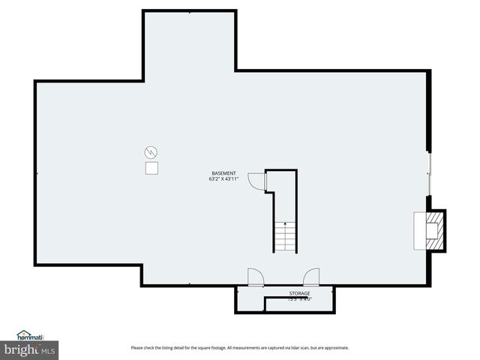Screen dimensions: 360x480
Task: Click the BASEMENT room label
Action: [x=223, y=173]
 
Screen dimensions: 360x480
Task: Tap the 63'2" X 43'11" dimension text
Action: [x=223, y=179]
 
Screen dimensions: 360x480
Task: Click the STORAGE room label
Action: [x=299, y=293]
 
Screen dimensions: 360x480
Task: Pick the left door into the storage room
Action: [x=256, y=277]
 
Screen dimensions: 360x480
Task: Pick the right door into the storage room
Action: [x=311, y=277]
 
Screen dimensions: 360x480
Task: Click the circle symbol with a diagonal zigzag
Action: [x=151, y=152]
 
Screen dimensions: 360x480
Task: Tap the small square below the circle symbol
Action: [x=151, y=169]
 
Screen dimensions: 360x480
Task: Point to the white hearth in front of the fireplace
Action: [x=419, y=230]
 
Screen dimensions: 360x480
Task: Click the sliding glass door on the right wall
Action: [x=429, y=174]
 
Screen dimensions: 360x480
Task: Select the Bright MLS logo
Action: [x=30, y=350]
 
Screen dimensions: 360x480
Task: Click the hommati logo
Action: [x=30, y=336]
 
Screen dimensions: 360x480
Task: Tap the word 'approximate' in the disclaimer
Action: [x=337, y=348]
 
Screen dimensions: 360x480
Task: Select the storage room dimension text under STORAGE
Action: [x=299, y=299]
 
